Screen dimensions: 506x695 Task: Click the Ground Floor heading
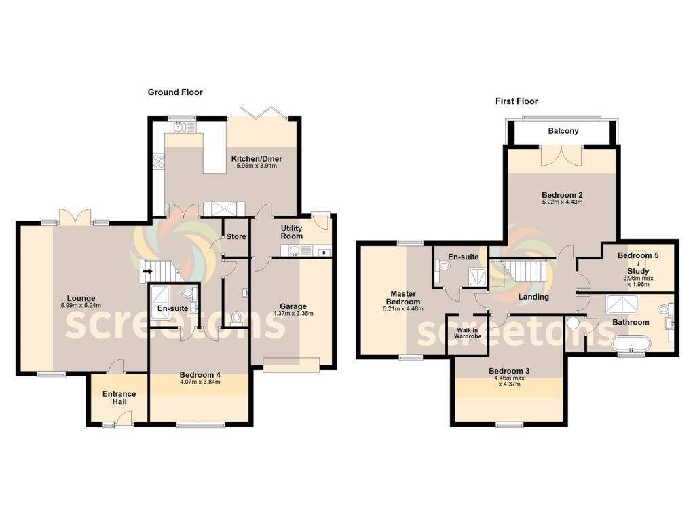(175, 92)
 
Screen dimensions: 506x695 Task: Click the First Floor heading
(516, 101)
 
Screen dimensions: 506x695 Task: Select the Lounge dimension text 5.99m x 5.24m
(80, 306)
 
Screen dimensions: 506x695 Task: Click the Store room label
(236, 237)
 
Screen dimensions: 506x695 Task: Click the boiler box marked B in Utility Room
(324, 253)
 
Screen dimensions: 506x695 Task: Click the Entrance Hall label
(119, 398)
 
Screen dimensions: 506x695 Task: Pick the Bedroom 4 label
(200, 374)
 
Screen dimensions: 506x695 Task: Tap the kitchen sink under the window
(181, 126)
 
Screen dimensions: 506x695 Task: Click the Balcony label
(563, 131)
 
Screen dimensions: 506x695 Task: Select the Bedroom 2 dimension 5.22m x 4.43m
(563, 202)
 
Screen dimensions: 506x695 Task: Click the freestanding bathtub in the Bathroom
(631, 346)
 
